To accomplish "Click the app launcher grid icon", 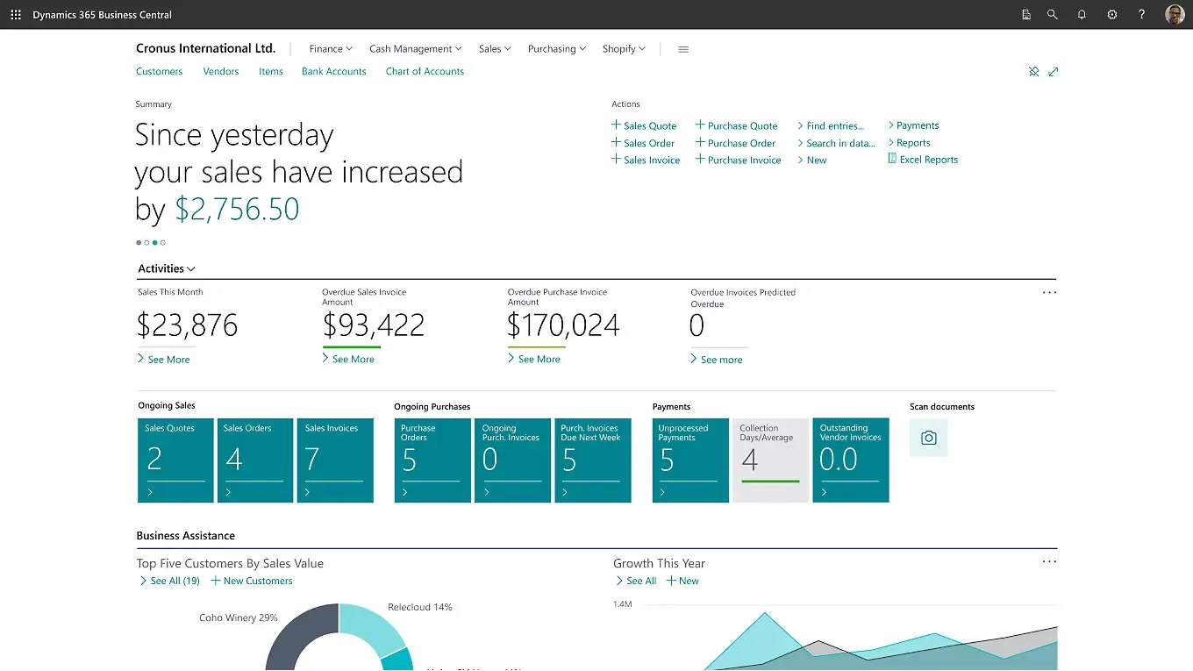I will [x=16, y=15].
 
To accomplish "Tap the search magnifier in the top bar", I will [x=1052, y=15].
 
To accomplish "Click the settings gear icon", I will [x=1112, y=15].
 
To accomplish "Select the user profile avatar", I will [x=1175, y=15].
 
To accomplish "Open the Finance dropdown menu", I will [x=331, y=49].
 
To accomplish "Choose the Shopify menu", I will [x=624, y=49].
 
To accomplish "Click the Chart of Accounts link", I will [x=425, y=72].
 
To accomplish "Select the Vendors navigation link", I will [x=221, y=72].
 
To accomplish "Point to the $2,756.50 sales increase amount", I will [x=237, y=210].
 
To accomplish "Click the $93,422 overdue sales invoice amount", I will [x=374, y=326].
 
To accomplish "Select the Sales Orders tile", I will [x=255, y=460].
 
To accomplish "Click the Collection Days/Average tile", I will [x=770, y=460].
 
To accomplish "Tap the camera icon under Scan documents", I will [x=929, y=438].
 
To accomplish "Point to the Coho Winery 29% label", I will [x=238, y=618].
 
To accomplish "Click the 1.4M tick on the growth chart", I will [x=622, y=604].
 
